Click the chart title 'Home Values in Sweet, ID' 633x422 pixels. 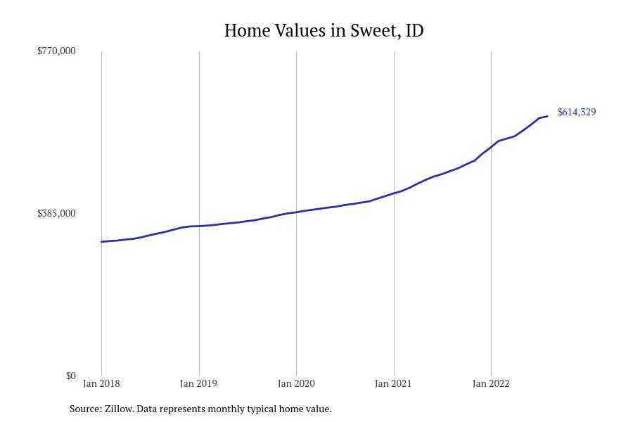click(324, 31)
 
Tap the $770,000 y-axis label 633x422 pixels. click(56, 51)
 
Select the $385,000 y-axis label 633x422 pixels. click(56, 213)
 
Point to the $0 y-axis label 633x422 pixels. click(70, 376)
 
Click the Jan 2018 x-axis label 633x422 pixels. click(101, 383)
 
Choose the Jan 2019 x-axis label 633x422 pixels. click(198, 383)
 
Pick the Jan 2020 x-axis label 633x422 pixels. click(296, 383)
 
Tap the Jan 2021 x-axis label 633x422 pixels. click(393, 383)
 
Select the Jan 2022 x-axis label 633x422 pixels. click(491, 383)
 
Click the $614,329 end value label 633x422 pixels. click(577, 112)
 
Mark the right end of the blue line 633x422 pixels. click(547, 116)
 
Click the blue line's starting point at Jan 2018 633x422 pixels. click(101, 242)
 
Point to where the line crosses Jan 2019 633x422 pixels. click(199, 226)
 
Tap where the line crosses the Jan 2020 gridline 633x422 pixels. click(296, 212)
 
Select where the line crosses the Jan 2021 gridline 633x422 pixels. click(394, 193)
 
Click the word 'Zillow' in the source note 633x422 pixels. click(119, 409)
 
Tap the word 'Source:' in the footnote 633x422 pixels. click(85, 409)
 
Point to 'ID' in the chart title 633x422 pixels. click(415, 31)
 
